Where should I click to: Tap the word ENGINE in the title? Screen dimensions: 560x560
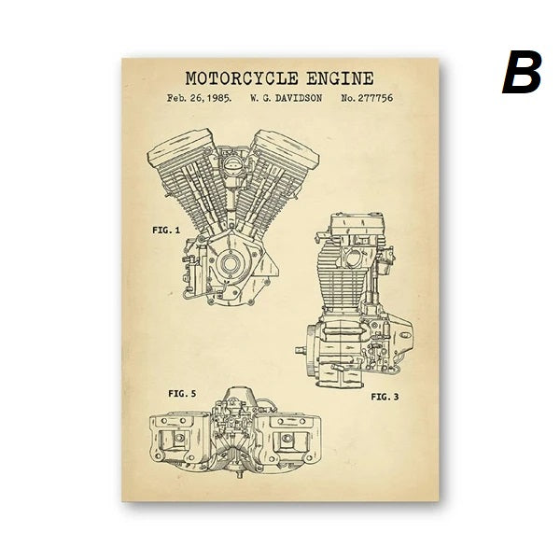click(x=340, y=78)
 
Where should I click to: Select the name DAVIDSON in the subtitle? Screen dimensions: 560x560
click(x=299, y=97)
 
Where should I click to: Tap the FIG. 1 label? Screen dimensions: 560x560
click(x=166, y=229)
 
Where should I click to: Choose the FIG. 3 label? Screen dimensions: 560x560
click(x=385, y=397)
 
